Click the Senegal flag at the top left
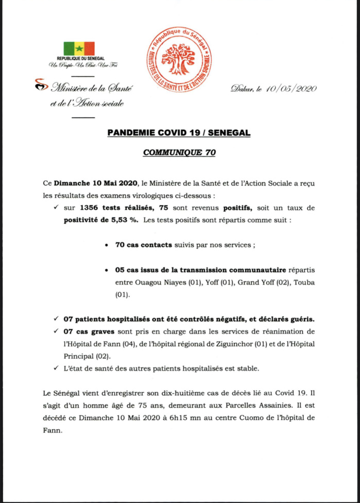coord(78,49)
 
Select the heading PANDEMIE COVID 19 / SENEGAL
coord(179,133)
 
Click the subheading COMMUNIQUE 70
coord(179,153)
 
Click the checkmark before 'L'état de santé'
coord(56,368)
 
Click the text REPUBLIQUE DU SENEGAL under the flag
coord(78,59)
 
